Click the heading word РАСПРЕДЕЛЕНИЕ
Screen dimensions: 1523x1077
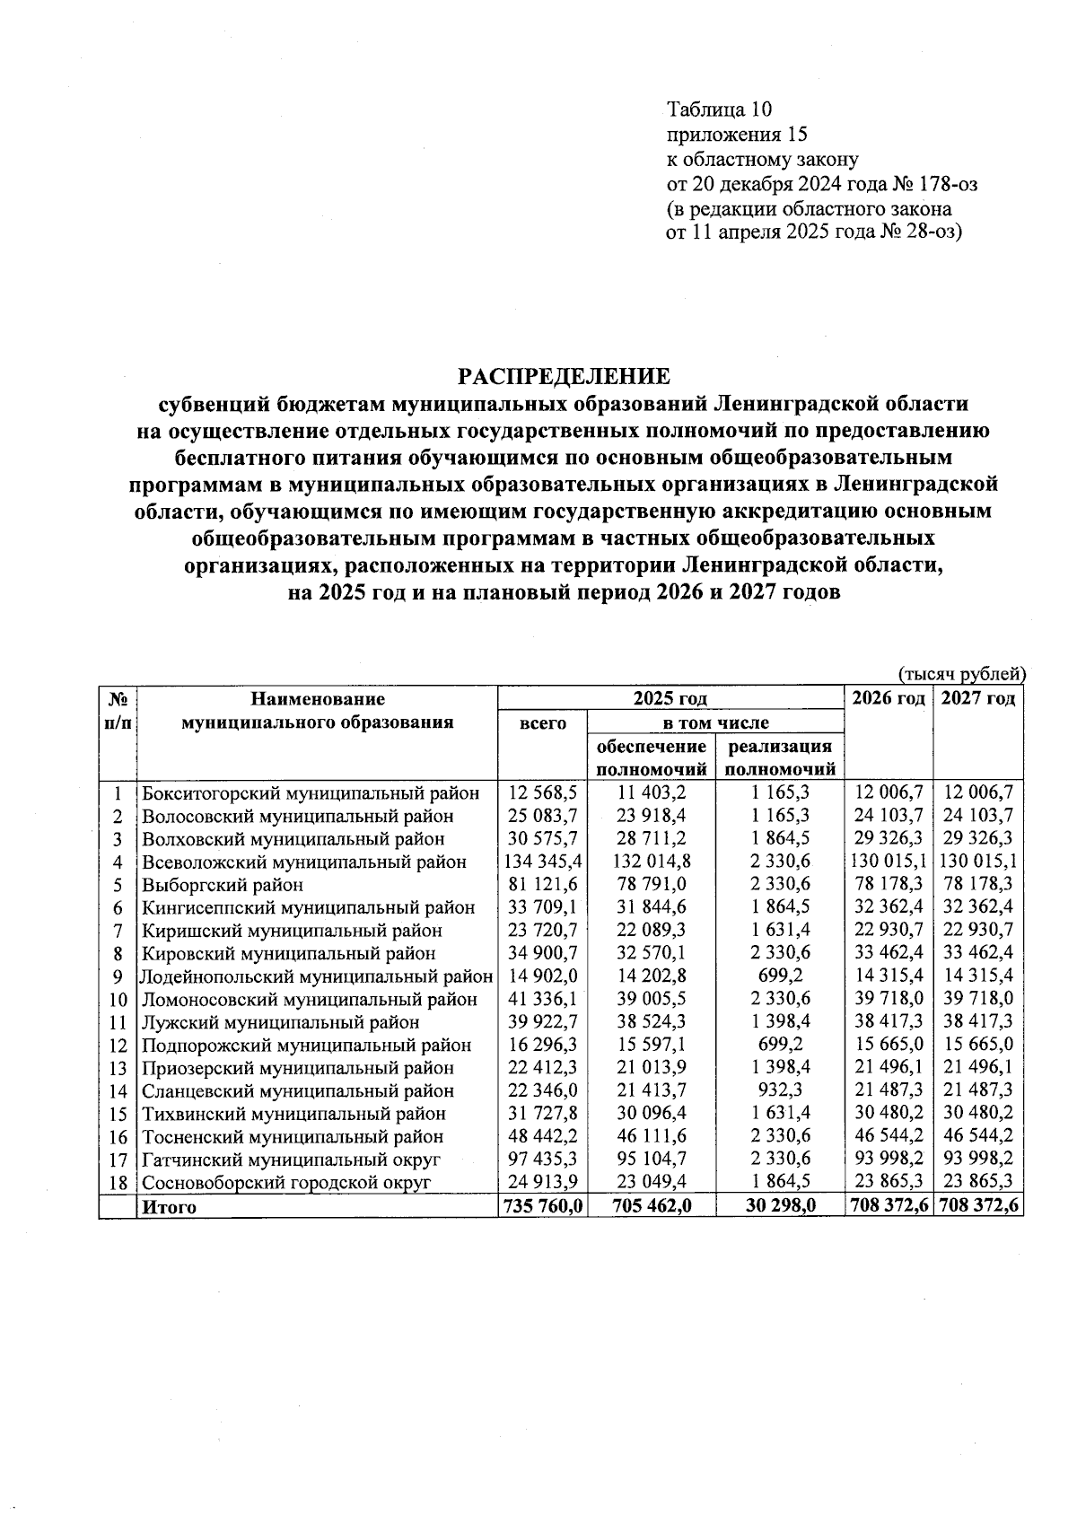pyautogui.click(x=565, y=375)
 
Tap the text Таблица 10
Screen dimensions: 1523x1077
pyautogui.click(x=718, y=109)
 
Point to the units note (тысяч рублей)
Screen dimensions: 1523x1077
pyautogui.click(x=960, y=674)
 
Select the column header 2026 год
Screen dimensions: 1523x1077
pyautogui.click(x=888, y=699)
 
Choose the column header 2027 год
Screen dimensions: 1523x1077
pyautogui.click(x=978, y=699)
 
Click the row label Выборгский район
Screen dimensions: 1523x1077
pyautogui.click(x=223, y=885)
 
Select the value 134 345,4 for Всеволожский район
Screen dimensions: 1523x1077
pyautogui.click(x=542, y=862)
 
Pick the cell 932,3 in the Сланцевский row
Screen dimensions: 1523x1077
pyautogui.click(x=780, y=1091)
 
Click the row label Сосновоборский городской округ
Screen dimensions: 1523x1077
pyautogui.click(x=287, y=1183)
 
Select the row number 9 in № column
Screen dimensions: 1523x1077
pyautogui.click(x=117, y=976)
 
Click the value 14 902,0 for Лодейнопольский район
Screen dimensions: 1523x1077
pyautogui.click(x=542, y=976)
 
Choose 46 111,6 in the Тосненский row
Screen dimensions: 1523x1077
pyautogui.click(x=652, y=1137)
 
